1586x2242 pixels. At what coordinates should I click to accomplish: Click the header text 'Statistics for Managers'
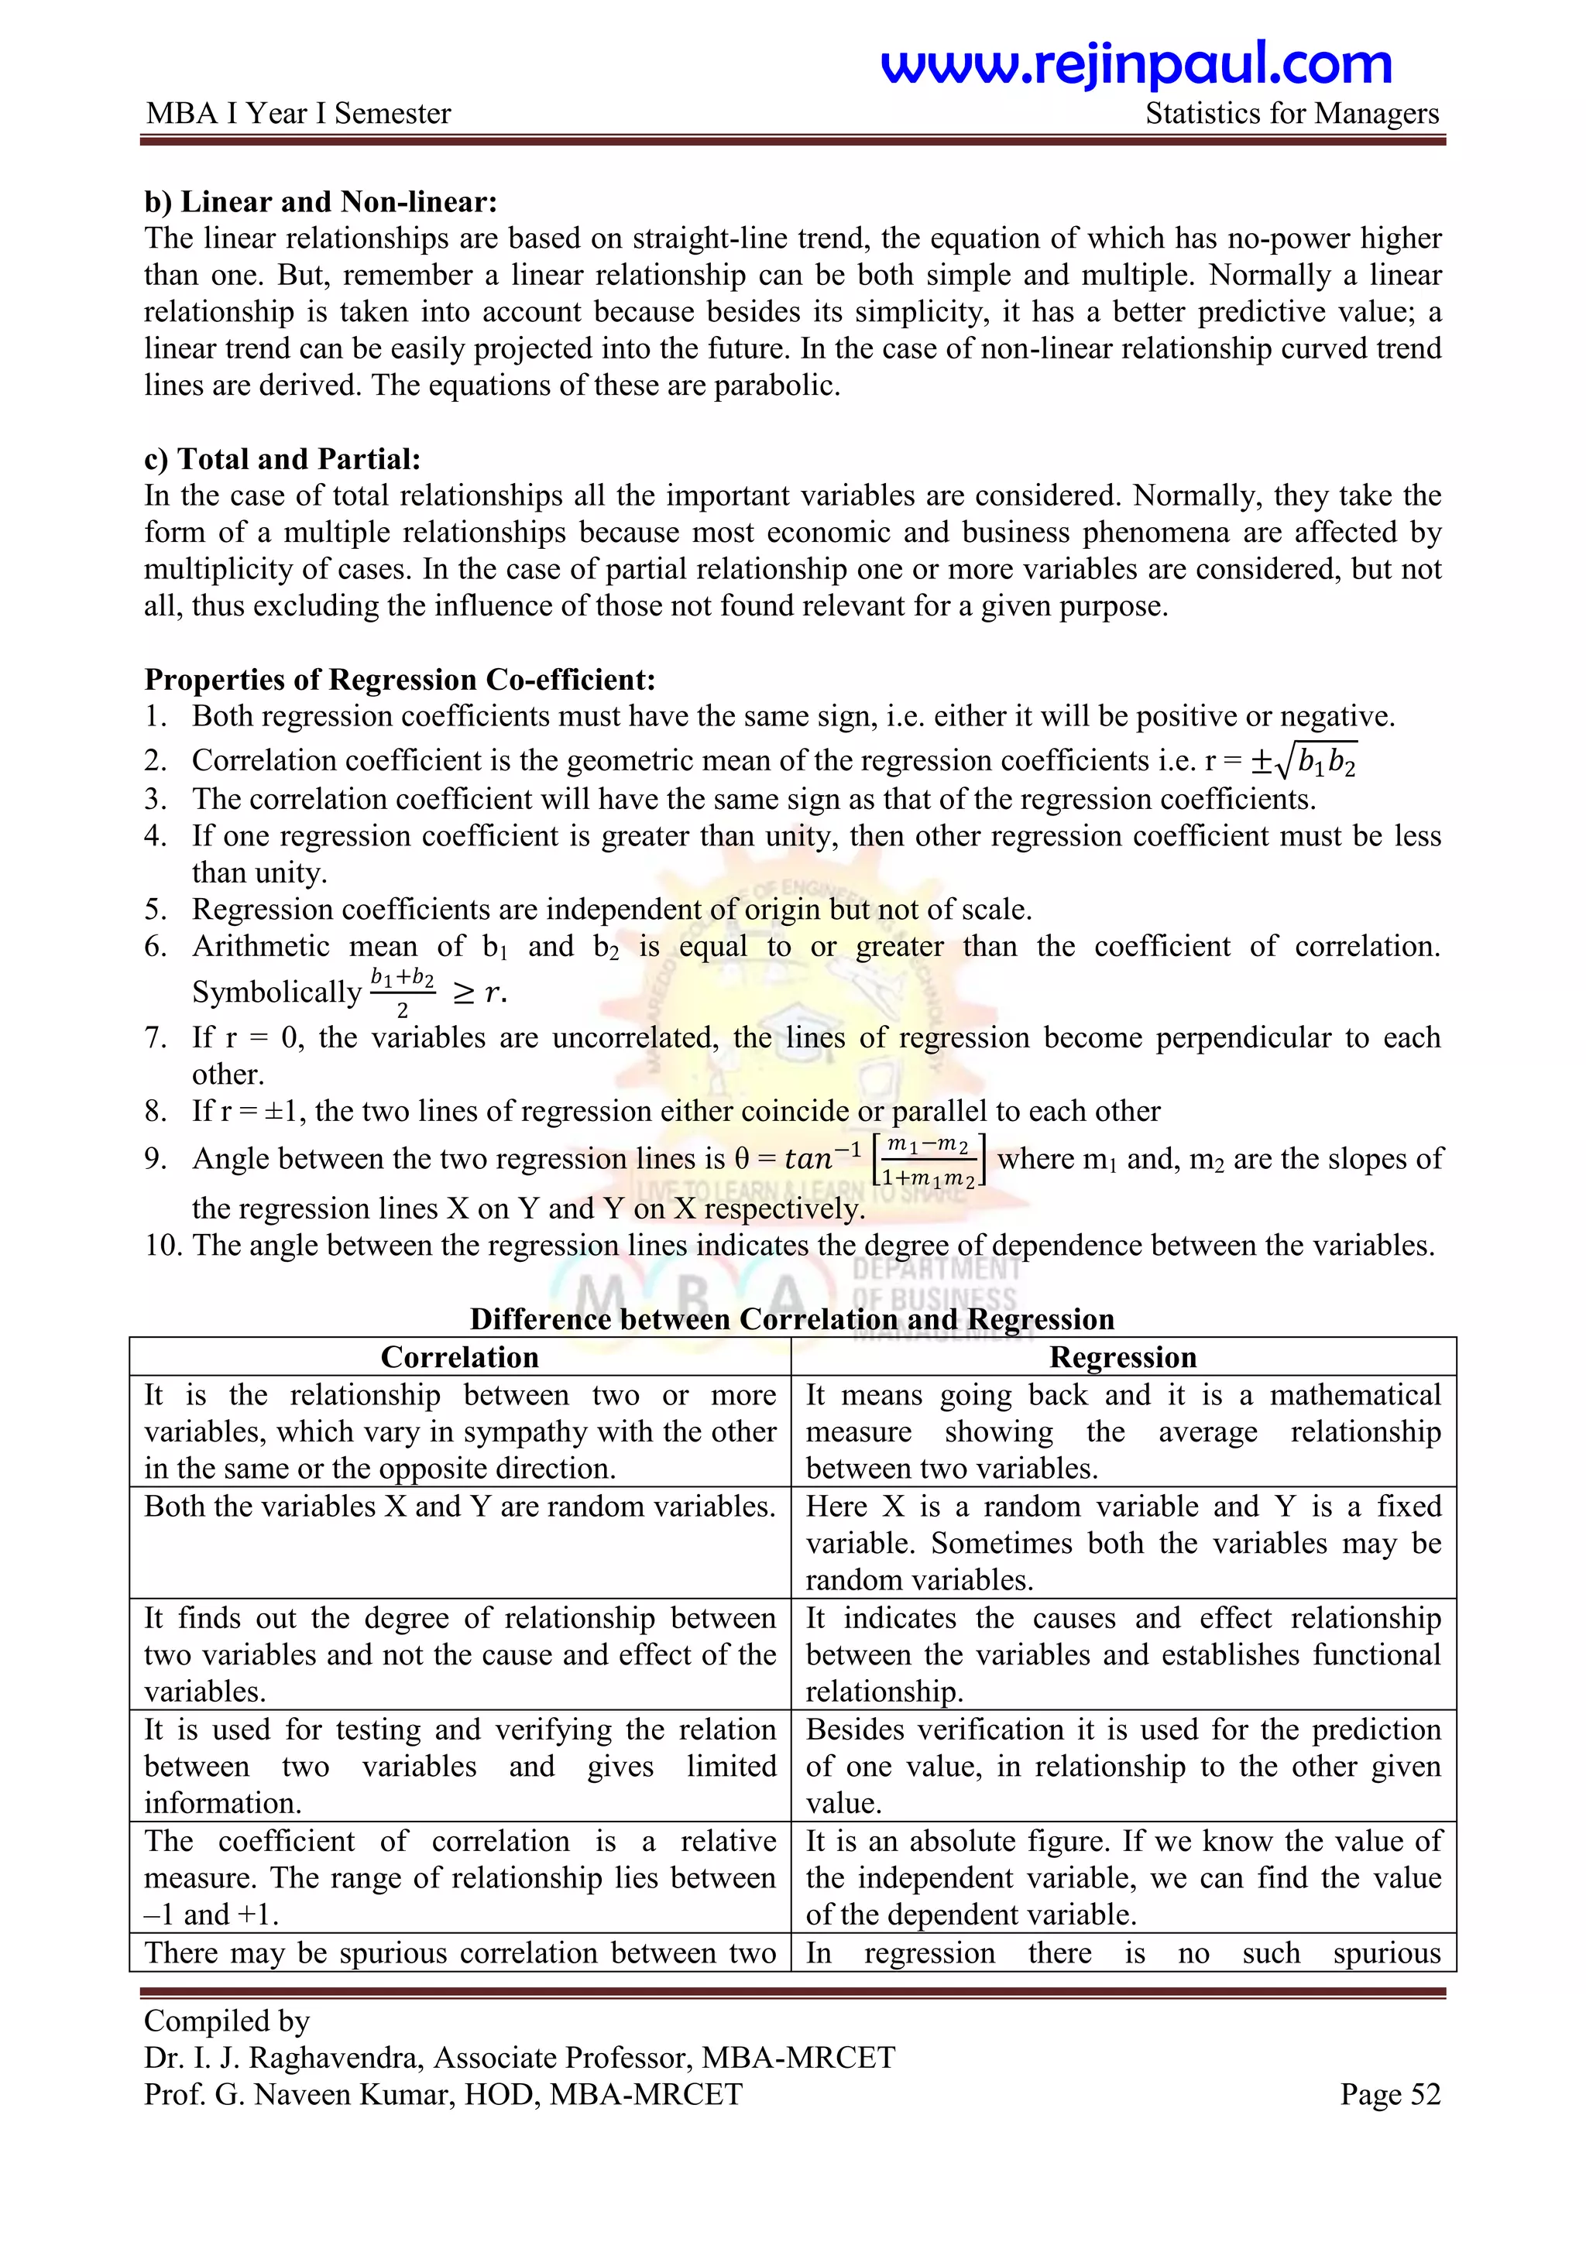pos(1291,113)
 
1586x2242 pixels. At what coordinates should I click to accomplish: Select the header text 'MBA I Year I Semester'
pos(298,113)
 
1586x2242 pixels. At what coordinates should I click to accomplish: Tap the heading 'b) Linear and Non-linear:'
pos(321,201)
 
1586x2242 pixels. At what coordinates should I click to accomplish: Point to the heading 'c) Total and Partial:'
pos(282,459)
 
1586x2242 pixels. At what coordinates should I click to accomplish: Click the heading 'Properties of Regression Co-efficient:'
pos(400,679)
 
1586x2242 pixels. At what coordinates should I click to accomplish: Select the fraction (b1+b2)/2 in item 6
pos(403,991)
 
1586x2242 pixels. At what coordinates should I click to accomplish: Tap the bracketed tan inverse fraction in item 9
pos(930,1160)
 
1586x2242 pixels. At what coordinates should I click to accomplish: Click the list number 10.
pos(161,1245)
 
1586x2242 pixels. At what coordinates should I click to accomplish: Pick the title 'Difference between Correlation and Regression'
pos(792,1319)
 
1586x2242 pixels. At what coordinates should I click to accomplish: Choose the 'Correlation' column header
pos(459,1357)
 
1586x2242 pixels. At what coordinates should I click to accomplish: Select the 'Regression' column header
pos(1122,1357)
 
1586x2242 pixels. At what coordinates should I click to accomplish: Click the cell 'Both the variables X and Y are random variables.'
pos(459,1507)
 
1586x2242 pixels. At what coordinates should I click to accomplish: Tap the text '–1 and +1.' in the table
pos(212,1915)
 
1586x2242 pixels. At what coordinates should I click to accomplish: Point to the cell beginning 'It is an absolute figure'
pos(1122,1878)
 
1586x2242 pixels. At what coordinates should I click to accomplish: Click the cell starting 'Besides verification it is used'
pos(1122,1767)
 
